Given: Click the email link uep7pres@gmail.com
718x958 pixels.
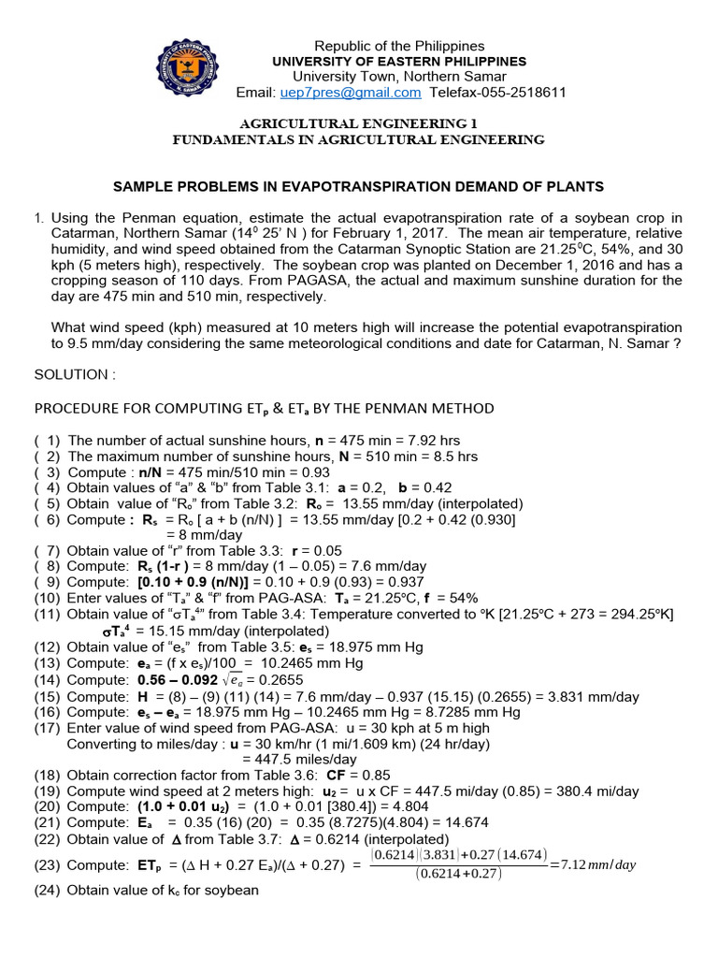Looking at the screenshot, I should tap(350, 93).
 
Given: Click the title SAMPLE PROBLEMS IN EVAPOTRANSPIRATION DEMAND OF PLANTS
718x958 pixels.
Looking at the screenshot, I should tap(358, 186).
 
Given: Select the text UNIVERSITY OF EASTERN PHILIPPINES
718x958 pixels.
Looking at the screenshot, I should tap(398, 61).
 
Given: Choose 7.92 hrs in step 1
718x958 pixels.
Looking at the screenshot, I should tap(436, 441).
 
